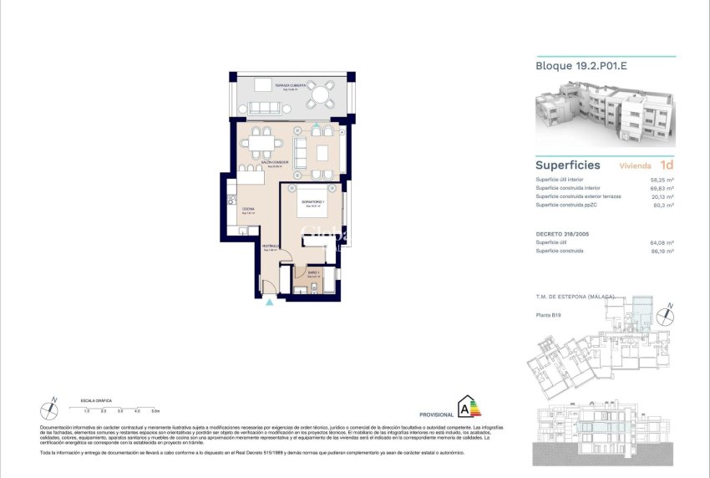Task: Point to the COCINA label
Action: pyautogui.click(x=248, y=210)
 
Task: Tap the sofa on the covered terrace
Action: pyautogui.click(x=265, y=107)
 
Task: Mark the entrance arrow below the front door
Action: pyautogui.click(x=269, y=304)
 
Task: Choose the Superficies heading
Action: pyautogui.click(x=567, y=165)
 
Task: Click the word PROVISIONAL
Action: pyautogui.click(x=435, y=414)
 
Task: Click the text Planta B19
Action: pyautogui.click(x=548, y=315)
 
